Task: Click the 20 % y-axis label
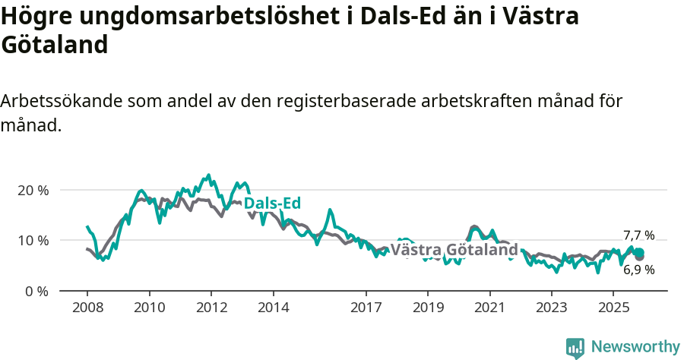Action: (x=33, y=190)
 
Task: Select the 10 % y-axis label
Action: (x=33, y=241)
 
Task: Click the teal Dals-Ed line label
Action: (x=272, y=204)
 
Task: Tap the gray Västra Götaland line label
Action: (x=454, y=250)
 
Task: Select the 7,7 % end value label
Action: (x=638, y=235)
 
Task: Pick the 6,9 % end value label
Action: (x=639, y=270)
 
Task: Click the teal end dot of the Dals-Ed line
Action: (x=639, y=253)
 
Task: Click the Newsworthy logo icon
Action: (x=575, y=348)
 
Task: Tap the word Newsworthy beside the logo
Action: (x=635, y=347)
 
